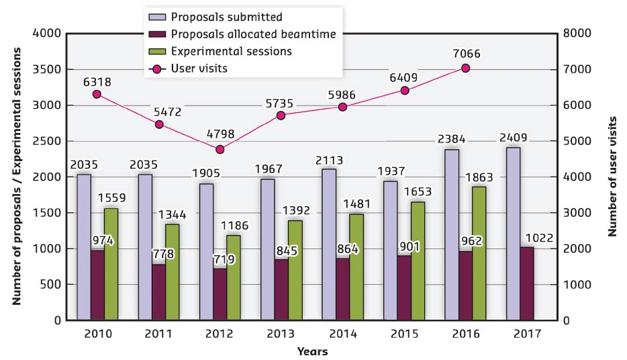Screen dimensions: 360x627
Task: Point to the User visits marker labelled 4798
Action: point(220,148)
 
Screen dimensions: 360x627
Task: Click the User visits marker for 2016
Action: point(466,68)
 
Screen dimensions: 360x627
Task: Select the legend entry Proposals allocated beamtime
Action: point(253,34)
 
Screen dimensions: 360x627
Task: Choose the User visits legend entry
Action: point(199,67)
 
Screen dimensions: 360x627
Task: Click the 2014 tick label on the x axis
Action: point(342,334)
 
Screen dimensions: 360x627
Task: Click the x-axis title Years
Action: point(313,351)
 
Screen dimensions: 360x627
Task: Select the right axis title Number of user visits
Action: point(612,177)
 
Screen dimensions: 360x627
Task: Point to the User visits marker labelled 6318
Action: point(97,94)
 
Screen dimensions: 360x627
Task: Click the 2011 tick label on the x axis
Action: point(158,334)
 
